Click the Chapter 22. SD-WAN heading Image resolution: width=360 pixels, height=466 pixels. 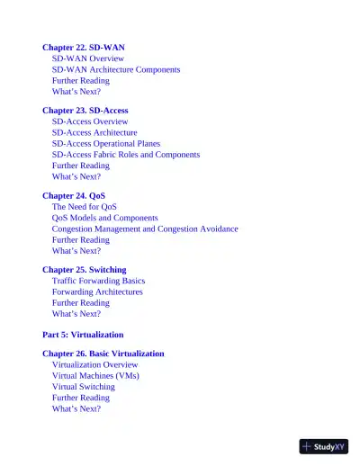click(x=84, y=47)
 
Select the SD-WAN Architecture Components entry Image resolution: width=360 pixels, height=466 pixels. click(x=116, y=69)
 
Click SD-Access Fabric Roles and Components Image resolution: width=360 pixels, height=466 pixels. click(x=126, y=155)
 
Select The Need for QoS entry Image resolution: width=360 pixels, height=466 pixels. click(x=85, y=207)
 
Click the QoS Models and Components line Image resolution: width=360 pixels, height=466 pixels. click(x=105, y=218)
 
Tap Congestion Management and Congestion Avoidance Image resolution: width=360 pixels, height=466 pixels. click(x=145, y=229)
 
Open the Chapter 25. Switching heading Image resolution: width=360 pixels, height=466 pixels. click(x=85, y=269)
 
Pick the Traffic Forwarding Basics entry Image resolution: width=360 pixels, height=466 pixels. click(x=98, y=281)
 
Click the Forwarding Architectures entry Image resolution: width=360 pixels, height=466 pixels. click(x=97, y=291)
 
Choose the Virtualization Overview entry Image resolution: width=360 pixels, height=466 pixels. click(x=95, y=365)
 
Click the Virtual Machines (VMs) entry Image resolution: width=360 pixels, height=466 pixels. click(x=95, y=376)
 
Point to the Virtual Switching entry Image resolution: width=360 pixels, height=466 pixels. click(x=84, y=387)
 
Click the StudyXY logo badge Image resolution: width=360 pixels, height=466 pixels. click(x=323, y=445)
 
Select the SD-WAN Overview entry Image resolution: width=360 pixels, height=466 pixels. click(x=88, y=58)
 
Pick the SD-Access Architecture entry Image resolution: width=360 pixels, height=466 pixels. click(x=94, y=132)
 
